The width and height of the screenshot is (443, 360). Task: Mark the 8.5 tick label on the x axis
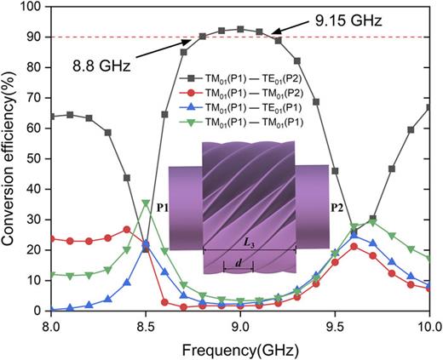coord(146,326)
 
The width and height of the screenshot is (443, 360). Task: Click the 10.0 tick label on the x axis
coord(429,326)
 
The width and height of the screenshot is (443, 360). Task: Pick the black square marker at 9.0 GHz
coord(240,29)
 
